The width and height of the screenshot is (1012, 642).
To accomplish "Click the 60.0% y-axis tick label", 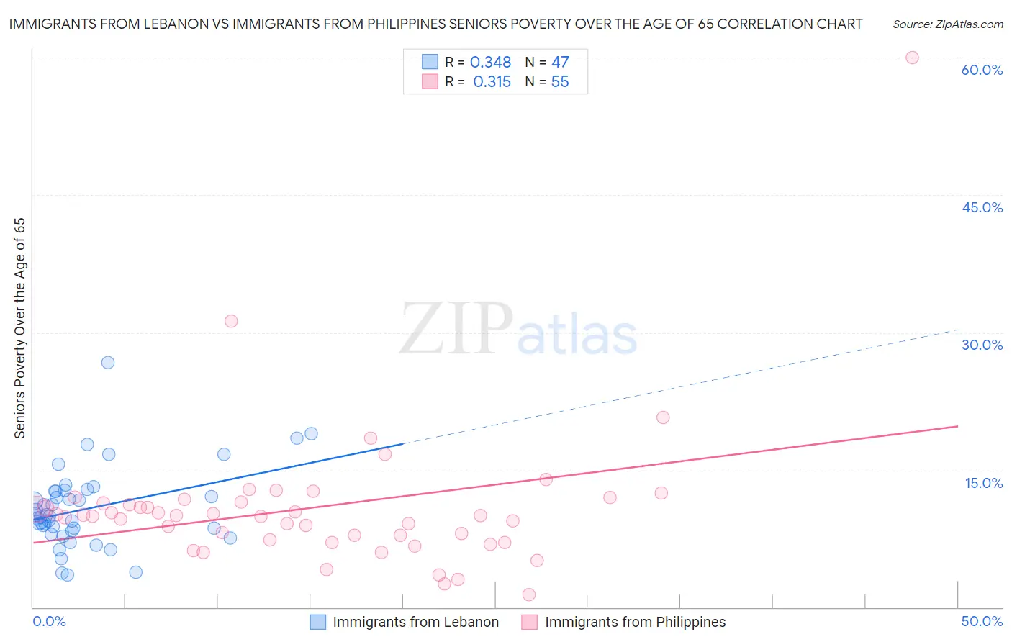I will pyautogui.click(x=982, y=70).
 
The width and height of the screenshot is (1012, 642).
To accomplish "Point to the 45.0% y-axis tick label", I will pyautogui.click(x=982, y=207).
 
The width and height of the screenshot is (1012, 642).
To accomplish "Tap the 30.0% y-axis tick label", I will pyautogui.click(x=982, y=345).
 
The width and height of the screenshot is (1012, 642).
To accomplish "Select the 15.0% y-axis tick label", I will pyautogui.click(x=983, y=482).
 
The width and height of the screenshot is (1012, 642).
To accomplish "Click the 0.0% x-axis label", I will pyautogui.click(x=49, y=621).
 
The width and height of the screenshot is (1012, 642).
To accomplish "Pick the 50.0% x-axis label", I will pyautogui.click(x=982, y=621).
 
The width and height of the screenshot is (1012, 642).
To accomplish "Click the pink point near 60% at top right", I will pyautogui.click(x=912, y=58).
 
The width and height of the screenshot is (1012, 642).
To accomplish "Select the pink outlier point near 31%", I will pyautogui.click(x=231, y=321).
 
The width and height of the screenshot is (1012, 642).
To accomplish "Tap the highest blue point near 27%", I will pyautogui.click(x=108, y=362).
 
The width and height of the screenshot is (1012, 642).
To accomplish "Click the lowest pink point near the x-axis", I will pyautogui.click(x=529, y=594).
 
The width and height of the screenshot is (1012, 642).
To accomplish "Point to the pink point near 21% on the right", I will pyautogui.click(x=663, y=417).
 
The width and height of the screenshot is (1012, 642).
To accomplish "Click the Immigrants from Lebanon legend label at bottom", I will pyautogui.click(x=415, y=622).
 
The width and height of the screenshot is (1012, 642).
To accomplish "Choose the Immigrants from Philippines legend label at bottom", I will pyautogui.click(x=635, y=622).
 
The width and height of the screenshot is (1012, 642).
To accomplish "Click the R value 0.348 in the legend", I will pyautogui.click(x=490, y=63).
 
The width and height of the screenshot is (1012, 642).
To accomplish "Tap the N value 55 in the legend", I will pyautogui.click(x=560, y=82).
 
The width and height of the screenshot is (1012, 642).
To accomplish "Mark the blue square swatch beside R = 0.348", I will pyautogui.click(x=430, y=62).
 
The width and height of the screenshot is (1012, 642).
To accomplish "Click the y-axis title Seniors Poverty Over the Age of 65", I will pyautogui.click(x=19, y=328).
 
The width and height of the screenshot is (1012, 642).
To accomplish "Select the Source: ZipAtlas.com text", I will pyautogui.click(x=947, y=24).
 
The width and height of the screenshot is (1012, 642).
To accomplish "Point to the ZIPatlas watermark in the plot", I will pyautogui.click(x=518, y=330).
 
